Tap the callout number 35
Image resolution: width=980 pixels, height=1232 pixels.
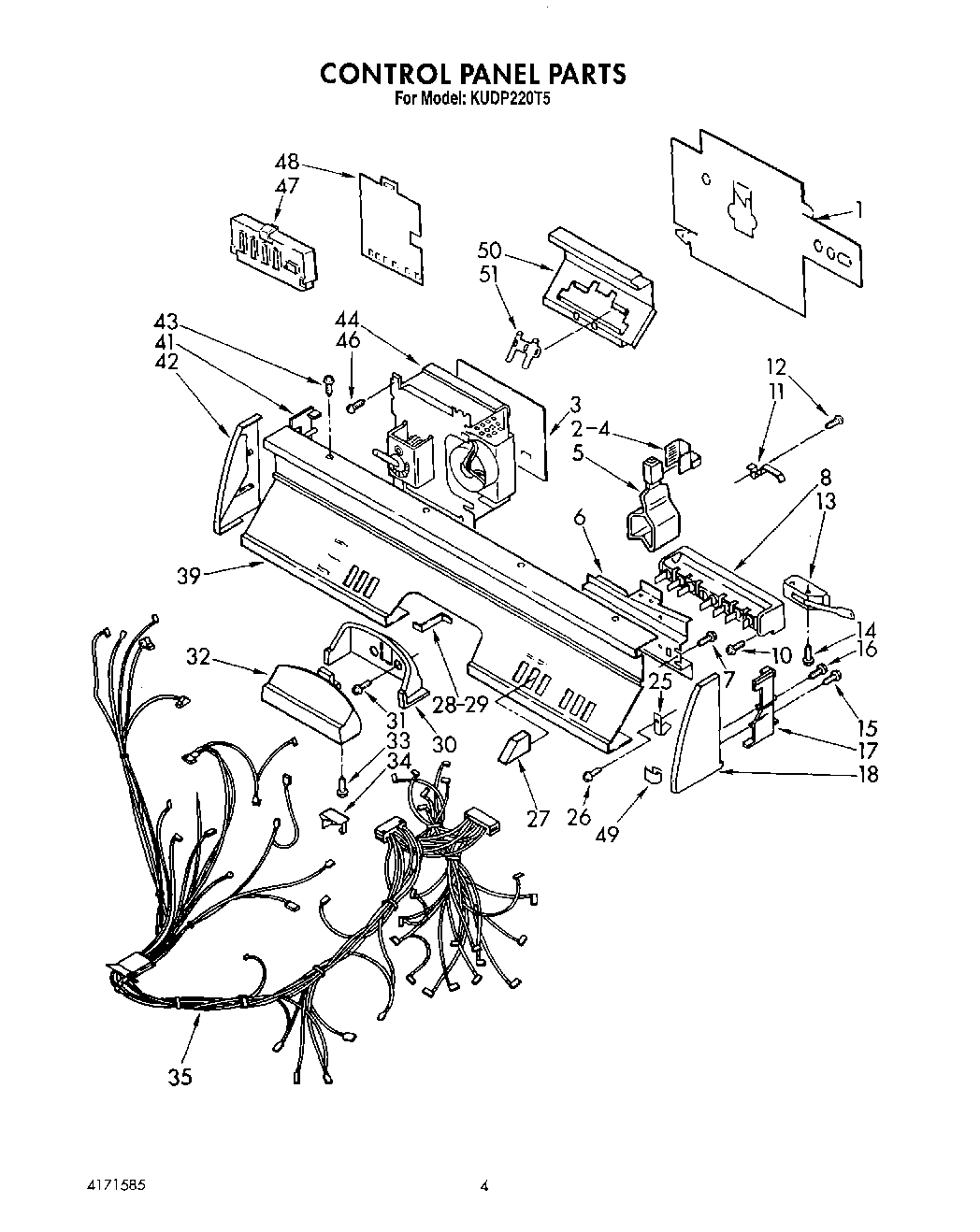[180, 1077]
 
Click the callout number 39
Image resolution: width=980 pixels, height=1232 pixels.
[189, 576]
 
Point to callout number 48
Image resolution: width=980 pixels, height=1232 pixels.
[287, 163]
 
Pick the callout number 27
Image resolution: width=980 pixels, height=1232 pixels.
[538, 818]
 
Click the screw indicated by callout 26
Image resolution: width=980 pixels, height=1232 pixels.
[587, 775]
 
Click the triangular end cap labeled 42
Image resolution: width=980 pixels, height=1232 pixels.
[232, 475]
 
